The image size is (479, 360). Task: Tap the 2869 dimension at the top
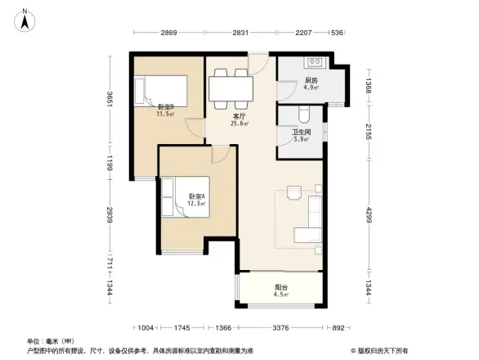click(x=168, y=33)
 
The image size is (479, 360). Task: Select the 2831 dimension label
click(x=239, y=33)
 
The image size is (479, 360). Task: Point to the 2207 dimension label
click(x=304, y=33)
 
